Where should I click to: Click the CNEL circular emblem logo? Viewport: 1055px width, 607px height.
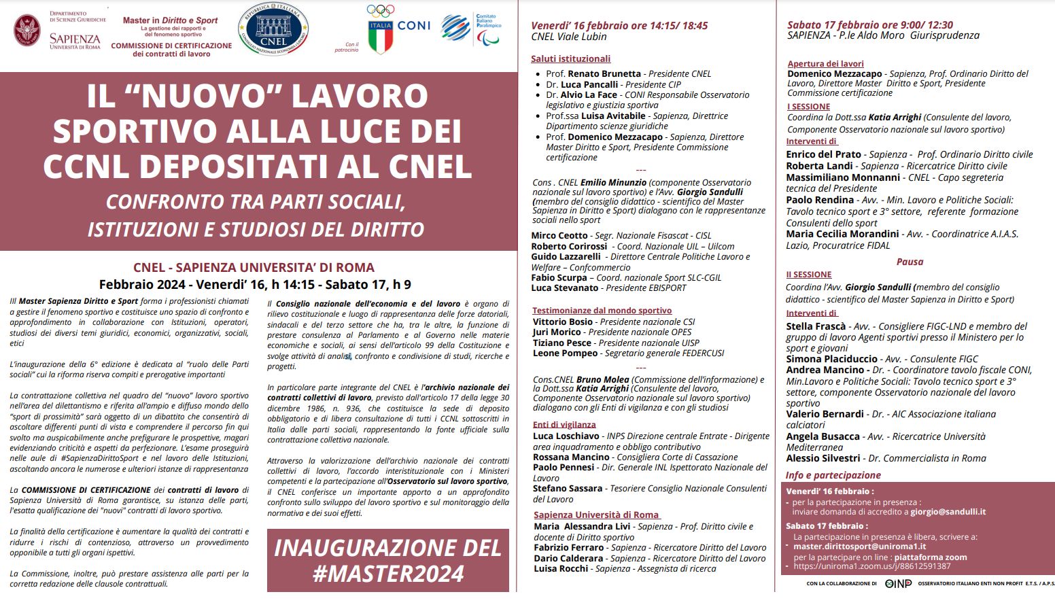tap(273, 31)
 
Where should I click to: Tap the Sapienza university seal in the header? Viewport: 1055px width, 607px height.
tap(27, 31)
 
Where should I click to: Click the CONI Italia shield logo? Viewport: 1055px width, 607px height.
tap(381, 37)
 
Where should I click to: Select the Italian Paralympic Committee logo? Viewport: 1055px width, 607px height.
tap(471, 29)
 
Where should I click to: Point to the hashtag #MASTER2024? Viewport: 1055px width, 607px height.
tap(388, 573)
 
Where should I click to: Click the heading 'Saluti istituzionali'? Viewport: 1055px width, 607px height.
tap(570, 59)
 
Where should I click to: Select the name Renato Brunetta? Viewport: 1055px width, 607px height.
tap(604, 73)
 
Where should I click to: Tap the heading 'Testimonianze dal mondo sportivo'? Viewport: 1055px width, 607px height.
tap(602, 311)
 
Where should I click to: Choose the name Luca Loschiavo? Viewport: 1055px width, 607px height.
tap(566, 436)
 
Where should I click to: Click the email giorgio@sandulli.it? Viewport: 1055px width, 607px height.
tap(948, 512)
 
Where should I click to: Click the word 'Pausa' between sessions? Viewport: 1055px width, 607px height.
tap(910, 262)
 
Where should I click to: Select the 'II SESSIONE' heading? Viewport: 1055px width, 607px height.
tap(808, 275)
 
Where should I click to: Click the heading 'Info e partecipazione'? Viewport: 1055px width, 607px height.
tap(833, 475)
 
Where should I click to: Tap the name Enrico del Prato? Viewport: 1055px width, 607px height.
tap(823, 154)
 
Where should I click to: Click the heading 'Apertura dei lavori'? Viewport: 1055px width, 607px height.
tap(825, 64)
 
